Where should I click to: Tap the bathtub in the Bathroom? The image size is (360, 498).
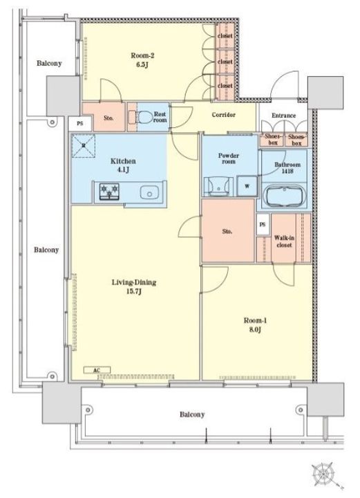pos(284,196)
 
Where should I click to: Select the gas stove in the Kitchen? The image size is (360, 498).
pos(109,191)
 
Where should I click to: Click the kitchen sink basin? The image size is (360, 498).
pos(149,192)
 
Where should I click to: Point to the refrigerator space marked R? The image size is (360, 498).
pos(84,146)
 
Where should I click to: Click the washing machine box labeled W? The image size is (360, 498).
pos(247,186)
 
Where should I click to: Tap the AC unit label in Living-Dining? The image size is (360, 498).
pos(97,370)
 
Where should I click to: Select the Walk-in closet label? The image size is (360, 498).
pos(284,241)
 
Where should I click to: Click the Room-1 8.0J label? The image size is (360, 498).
pos(255,325)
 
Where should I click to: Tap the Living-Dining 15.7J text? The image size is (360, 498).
pos(134,286)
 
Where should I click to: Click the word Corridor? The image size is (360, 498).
pos(224,115)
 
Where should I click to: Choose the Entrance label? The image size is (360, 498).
pos(283,116)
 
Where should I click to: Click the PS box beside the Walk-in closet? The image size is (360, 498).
pos(263,224)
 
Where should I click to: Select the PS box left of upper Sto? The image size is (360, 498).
pos(80,123)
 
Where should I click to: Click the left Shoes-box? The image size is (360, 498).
pos(272,140)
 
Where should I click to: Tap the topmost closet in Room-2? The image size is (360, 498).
pos(225,36)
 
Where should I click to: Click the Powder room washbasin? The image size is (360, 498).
pos(218,187)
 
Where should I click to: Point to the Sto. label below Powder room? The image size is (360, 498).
pos(227,232)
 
